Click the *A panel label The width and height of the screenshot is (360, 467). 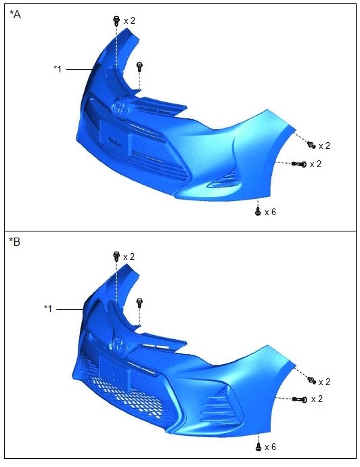(x=15, y=14)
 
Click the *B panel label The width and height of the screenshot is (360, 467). (x=15, y=242)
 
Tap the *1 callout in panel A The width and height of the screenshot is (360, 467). (x=58, y=69)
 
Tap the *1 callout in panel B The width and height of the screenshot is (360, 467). (x=48, y=309)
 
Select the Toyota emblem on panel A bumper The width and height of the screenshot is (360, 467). (x=121, y=107)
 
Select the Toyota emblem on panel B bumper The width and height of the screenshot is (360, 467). (x=120, y=345)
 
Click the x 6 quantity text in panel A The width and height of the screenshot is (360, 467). (x=270, y=212)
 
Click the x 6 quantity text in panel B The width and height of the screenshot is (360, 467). (x=270, y=447)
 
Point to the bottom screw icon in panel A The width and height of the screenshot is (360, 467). (x=258, y=212)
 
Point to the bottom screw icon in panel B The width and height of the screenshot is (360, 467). (x=258, y=447)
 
